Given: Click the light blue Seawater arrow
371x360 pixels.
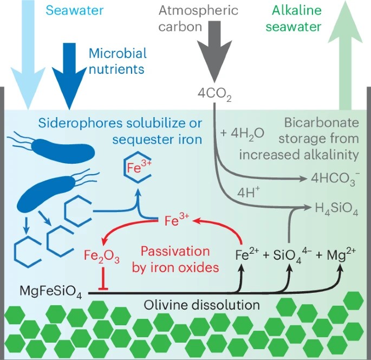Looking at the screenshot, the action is click(28, 54).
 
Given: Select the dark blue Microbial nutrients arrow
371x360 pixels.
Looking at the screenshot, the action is click(69, 76).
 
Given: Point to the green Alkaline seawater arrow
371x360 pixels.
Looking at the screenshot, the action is click(345, 55).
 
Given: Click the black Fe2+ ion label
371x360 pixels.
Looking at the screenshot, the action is click(248, 255).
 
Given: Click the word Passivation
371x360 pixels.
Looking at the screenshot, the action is click(175, 251).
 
